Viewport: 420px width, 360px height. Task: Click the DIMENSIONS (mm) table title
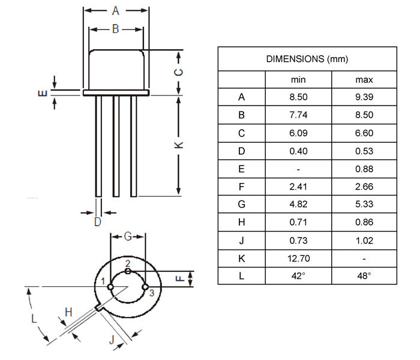tap(307, 60)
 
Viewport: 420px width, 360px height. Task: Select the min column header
tap(298, 79)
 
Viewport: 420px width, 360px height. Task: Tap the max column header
tap(364, 79)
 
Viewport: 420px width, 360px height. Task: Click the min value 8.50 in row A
tap(298, 97)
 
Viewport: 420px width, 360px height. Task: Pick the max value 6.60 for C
tap(364, 133)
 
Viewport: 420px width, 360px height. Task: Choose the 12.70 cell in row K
tap(298, 259)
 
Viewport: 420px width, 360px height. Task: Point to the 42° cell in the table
tap(298, 276)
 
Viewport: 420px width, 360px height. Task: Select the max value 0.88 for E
tap(364, 169)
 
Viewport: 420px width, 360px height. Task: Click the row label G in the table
tap(241, 205)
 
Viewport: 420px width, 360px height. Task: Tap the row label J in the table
tap(241, 241)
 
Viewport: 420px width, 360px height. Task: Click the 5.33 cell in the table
tap(364, 205)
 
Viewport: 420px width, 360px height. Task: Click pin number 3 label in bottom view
tap(152, 293)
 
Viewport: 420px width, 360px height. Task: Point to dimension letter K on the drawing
tap(179, 145)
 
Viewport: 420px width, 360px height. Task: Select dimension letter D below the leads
tap(97, 223)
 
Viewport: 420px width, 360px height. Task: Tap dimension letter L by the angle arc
tap(34, 318)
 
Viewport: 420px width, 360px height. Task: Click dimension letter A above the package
tap(116, 10)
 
